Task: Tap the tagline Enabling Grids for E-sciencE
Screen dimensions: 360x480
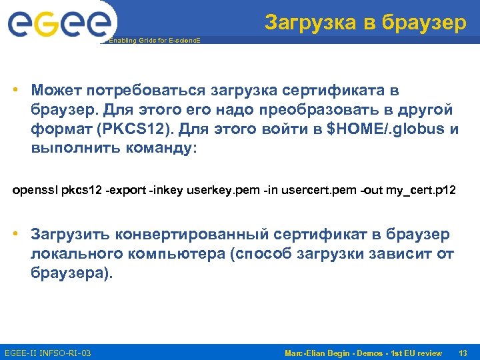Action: pyautogui.click(x=154, y=41)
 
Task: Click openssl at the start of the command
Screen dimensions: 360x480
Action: pyautogui.click(x=35, y=191)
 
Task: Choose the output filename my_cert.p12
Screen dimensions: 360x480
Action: pyautogui.click(x=421, y=191)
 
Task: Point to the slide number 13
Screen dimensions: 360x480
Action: pyautogui.click(x=463, y=352)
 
